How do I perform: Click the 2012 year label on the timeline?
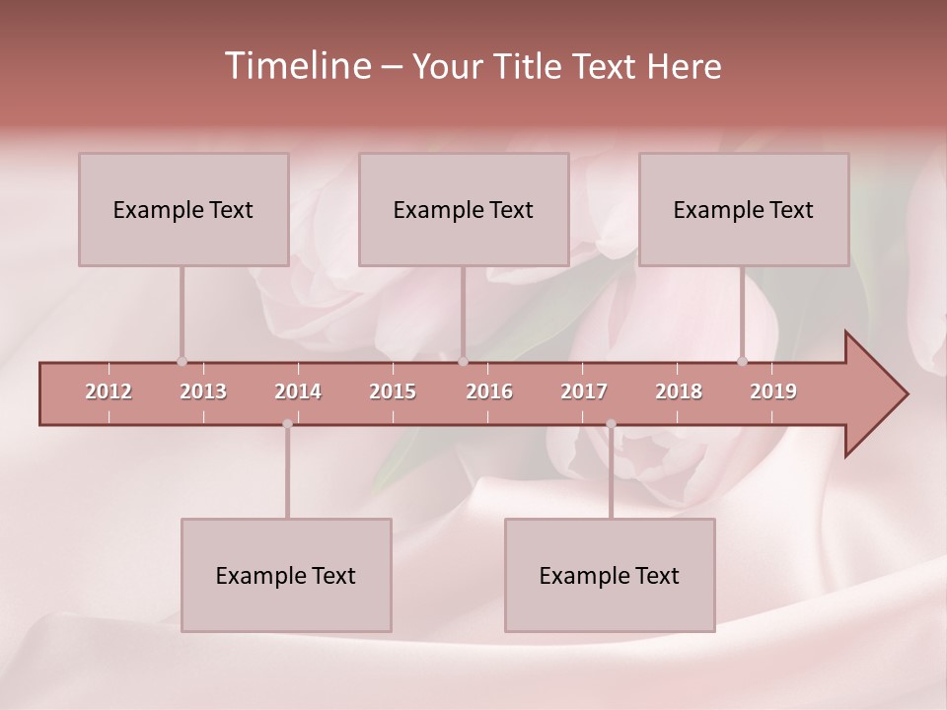(109, 391)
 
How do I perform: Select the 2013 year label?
(203, 391)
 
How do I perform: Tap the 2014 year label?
(298, 391)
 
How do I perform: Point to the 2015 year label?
(393, 391)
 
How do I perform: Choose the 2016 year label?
(489, 391)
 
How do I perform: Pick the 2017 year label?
(584, 391)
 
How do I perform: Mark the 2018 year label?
(679, 391)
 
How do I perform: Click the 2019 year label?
(773, 391)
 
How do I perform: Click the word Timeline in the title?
(296, 66)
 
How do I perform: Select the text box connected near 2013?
(183, 209)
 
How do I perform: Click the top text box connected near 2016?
(464, 209)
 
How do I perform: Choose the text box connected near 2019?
(744, 209)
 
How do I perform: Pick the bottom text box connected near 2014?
(286, 575)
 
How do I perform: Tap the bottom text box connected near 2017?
(610, 575)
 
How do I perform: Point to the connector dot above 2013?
(182, 362)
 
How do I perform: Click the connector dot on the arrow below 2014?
(287, 424)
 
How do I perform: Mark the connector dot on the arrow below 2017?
(611, 424)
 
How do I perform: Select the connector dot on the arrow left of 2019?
(743, 362)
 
